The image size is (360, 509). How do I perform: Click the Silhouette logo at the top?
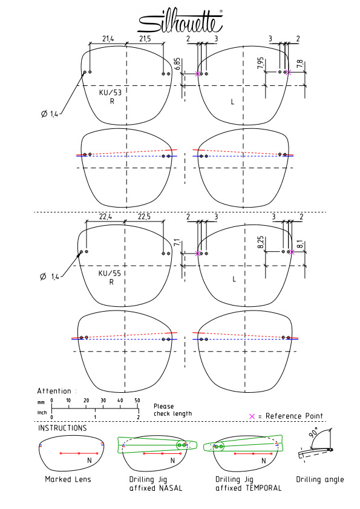coord(180,21)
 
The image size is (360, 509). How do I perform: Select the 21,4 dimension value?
coord(108,39)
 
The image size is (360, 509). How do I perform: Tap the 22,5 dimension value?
coord(144,217)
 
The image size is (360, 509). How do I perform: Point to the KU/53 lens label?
coord(110,93)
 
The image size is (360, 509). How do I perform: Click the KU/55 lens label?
coord(110,274)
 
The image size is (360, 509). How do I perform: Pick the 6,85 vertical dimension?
coord(177,64)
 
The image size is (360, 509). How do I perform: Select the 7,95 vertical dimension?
coord(260,64)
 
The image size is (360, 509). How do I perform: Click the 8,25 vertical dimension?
coord(261,243)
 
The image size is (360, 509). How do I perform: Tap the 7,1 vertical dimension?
coord(177,243)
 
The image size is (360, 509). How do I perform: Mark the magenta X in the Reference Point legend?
coord(252,416)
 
